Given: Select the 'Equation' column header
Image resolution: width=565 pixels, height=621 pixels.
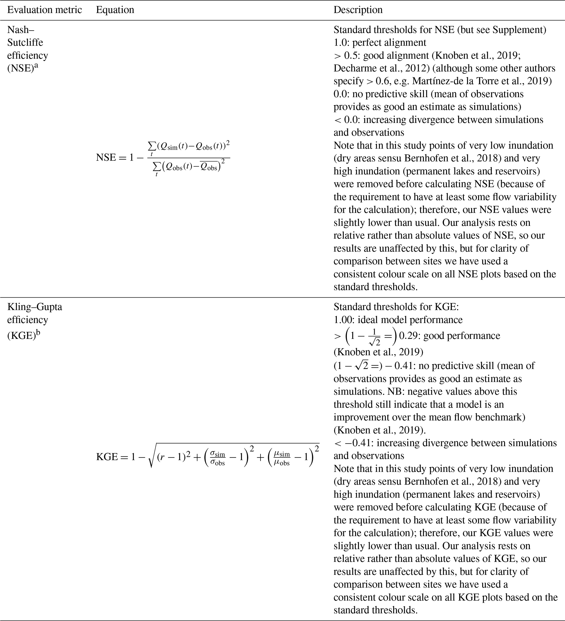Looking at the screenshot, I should click(115, 10).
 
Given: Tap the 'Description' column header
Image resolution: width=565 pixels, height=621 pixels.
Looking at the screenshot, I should click(358, 10).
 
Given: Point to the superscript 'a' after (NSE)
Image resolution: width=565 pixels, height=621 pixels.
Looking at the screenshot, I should click(36, 65).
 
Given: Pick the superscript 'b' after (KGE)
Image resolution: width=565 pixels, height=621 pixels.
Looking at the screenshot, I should click(38, 332).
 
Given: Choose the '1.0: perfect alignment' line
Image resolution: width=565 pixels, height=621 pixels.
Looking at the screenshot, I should click(380, 43).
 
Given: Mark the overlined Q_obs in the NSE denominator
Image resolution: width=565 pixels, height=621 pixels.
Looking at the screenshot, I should click(209, 167).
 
